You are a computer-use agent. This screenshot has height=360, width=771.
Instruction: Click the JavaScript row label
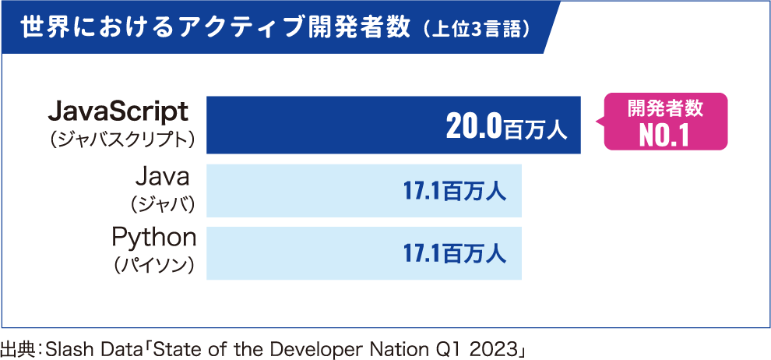click(118, 112)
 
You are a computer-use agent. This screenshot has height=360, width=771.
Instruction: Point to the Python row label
click(154, 236)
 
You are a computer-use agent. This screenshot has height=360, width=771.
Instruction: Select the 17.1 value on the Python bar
click(421, 253)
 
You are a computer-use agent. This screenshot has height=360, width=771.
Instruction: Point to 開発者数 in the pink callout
click(665, 109)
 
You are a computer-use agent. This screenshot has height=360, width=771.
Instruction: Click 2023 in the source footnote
click(497, 348)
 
